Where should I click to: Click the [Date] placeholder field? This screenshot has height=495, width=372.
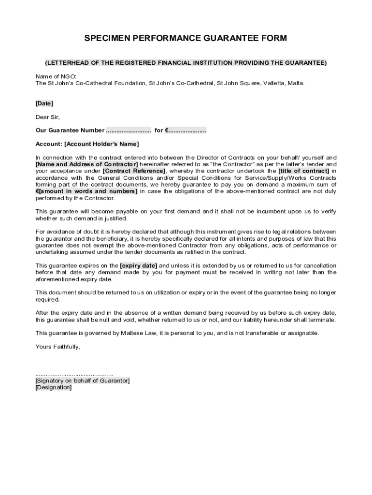point(44,103)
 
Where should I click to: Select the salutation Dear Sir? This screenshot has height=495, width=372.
point(48,117)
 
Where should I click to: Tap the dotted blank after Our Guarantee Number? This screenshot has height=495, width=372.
point(129,131)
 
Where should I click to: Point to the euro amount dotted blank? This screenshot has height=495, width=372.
point(187,131)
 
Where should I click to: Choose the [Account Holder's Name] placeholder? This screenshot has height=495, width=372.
point(101,144)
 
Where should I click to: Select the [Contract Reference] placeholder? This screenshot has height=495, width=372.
point(134,171)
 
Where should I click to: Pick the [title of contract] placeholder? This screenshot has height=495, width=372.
point(304,171)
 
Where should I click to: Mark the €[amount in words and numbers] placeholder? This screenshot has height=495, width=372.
point(86,191)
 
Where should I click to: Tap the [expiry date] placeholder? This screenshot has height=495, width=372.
point(139,266)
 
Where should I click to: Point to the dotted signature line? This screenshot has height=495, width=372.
point(74,374)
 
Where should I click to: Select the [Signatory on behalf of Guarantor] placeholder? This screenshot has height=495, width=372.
point(83,381)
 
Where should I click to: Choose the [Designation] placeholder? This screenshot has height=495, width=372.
point(54,388)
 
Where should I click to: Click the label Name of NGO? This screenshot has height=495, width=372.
point(56,76)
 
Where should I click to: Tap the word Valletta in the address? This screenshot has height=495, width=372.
point(274,83)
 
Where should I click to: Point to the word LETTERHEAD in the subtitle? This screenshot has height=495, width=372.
point(67,63)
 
